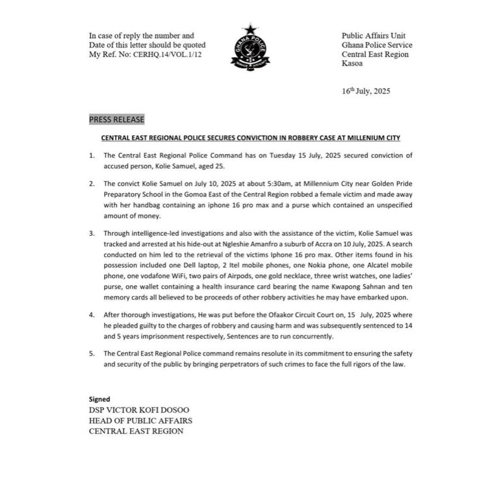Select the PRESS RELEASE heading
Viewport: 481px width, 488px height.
click(117, 120)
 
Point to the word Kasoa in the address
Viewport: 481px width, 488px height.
click(354, 64)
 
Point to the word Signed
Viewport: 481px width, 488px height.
click(99, 398)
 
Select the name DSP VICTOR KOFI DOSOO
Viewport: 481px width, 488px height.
click(138, 409)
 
